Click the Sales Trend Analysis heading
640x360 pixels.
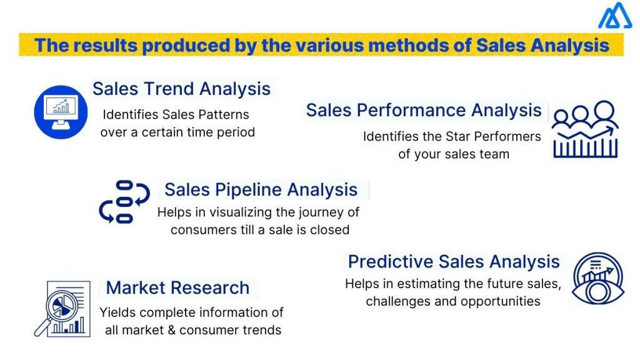[x=181, y=88]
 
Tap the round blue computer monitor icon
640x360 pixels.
[x=60, y=111]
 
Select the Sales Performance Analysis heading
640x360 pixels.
[x=424, y=111]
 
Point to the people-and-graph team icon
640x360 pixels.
[x=585, y=129]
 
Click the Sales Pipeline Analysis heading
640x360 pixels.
[x=261, y=189]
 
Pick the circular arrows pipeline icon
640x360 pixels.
[x=124, y=202]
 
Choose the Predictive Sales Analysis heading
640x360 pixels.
[x=454, y=261]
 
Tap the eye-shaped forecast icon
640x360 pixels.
[x=597, y=277]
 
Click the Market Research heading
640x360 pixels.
[x=177, y=287]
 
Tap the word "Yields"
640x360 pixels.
[x=117, y=312]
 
